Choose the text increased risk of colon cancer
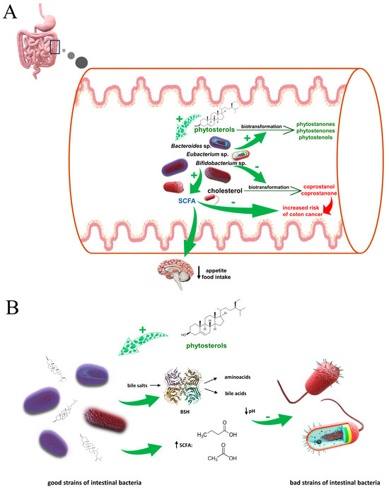(x=303, y=211)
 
